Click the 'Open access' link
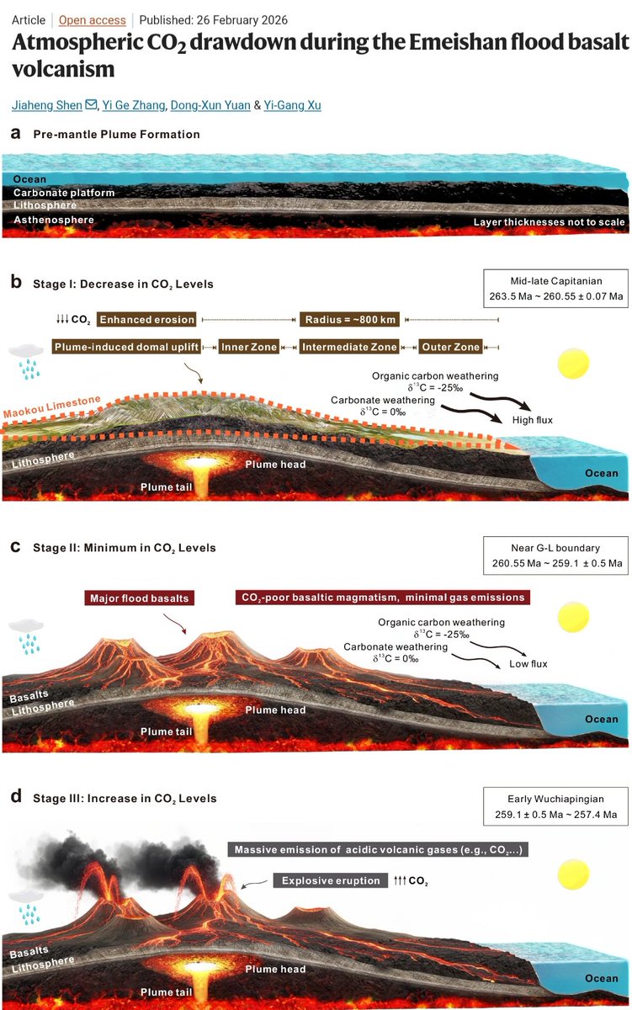pyautogui.click(x=93, y=19)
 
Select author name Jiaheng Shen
pyautogui.click(x=47, y=105)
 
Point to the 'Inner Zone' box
pyautogui.click(x=248, y=347)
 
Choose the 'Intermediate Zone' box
pyautogui.click(x=349, y=347)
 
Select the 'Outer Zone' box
pyautogui.click(x=451, y=347)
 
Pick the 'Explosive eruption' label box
pyautogui.click(x=328, y=880)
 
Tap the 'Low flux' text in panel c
pyautogui.click(x=528, y=664)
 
